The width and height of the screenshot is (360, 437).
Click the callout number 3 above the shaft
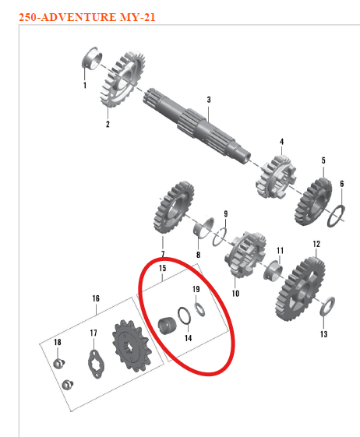tap(209, 100)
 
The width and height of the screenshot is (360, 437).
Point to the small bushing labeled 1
tap(90, 58)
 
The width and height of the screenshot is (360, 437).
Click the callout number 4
tap(281, 142)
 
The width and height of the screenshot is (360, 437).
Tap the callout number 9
tap(225, 213)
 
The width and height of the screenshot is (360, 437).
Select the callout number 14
tap(188, 337)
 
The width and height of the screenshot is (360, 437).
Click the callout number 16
tap(96, 298)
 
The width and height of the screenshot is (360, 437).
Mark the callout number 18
tap(57, 343)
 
